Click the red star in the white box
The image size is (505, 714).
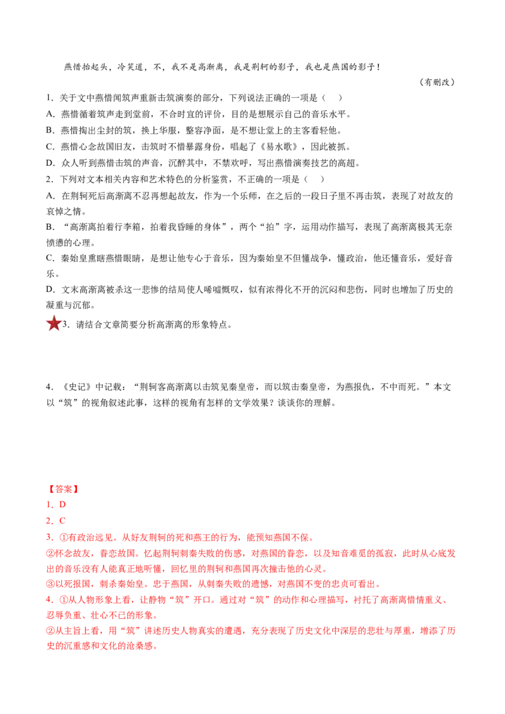pyautogui.click(x=54, y=323)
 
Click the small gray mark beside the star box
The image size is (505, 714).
pyautogui.click(x=64, y=323)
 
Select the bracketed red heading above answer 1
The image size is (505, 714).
pyautogui.click(x=63, y=489)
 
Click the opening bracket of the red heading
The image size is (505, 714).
pyautogui.click(x=49, y=489)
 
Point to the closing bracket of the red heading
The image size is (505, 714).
pyautogui.click(x=77, y=489)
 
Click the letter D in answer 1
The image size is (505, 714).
pyautogui.click(x=62, y=505)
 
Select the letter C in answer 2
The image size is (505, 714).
pyautogui.click(x=62, y=521)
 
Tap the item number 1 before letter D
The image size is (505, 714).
pyautogui.click(x=48, y=505)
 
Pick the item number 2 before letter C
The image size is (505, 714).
pyautogui.click(x=48, y=521)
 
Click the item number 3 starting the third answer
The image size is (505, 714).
pyautogui.click(x=48, y=537)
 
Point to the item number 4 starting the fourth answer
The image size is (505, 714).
pyautogui.click(x=48, y=600)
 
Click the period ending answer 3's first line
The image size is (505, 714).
pyautogui.click(x=311, y=537)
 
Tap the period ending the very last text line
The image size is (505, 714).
pyautogui.click(x=155, y=646)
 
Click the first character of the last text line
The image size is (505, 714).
pyautogui.click(x=49, y=646)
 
